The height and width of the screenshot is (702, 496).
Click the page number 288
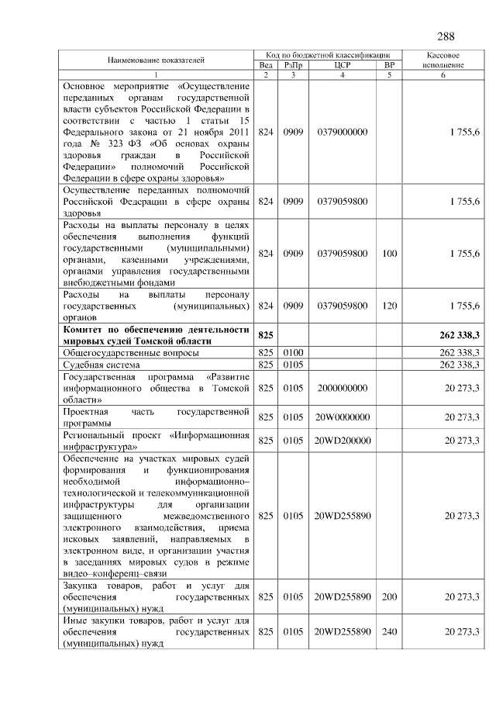pos(446,36)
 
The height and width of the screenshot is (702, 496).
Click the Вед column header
pos(266,65)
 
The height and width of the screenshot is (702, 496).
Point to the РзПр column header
pos(292,65)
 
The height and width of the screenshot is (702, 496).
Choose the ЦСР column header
pos(342,65)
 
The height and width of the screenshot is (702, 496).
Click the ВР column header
pos(389,65)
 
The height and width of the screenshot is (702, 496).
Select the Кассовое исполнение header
pos(443,61)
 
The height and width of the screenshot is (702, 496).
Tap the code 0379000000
pos(342,133)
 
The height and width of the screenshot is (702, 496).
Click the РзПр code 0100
pos(292,352)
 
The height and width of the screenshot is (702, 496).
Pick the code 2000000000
pos(342,387)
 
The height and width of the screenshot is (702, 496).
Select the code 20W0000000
pos(342,417)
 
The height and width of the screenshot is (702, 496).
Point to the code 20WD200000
pos(342,441)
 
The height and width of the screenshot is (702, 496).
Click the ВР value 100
pos(389,253)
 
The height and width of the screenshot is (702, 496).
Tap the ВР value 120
pos(389,306)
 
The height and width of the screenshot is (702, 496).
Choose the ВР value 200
pos(389,597)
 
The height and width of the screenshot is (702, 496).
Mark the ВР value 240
pos(389,632)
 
